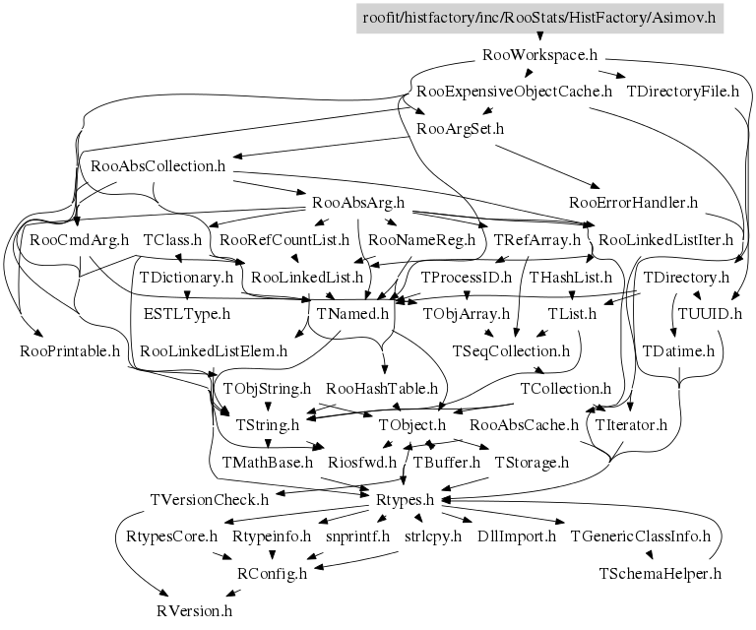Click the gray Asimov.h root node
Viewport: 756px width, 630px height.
pos(539,18)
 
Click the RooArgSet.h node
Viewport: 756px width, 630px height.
pos(461,129)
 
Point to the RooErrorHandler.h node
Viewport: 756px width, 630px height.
pos(633,203)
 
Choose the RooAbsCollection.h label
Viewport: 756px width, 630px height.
pos(157,166)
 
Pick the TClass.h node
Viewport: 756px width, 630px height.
pos(172,240)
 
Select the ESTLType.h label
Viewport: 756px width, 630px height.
pos(186,314)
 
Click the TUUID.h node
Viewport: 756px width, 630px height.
pos(708,314)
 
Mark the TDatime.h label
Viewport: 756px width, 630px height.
pos(678,350)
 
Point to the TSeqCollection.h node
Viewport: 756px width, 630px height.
pos(511,350)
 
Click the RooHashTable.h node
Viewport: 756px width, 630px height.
pos(382,388)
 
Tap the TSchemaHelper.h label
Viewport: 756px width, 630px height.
pos(661,573)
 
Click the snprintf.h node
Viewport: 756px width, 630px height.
pos(358,536)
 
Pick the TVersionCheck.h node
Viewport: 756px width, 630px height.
pos(209,499)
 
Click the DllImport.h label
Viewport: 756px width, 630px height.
pos(517,536)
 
